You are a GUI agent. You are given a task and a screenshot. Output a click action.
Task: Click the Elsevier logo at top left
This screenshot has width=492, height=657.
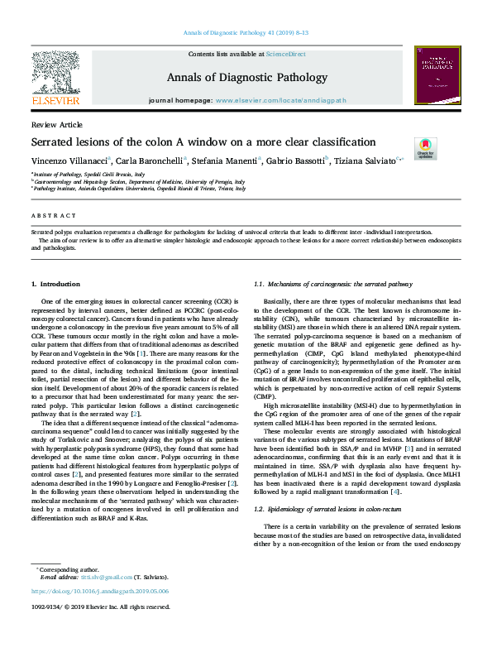click(55, 79)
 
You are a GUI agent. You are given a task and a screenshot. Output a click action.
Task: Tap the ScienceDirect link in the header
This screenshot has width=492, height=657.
click(285, 54)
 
